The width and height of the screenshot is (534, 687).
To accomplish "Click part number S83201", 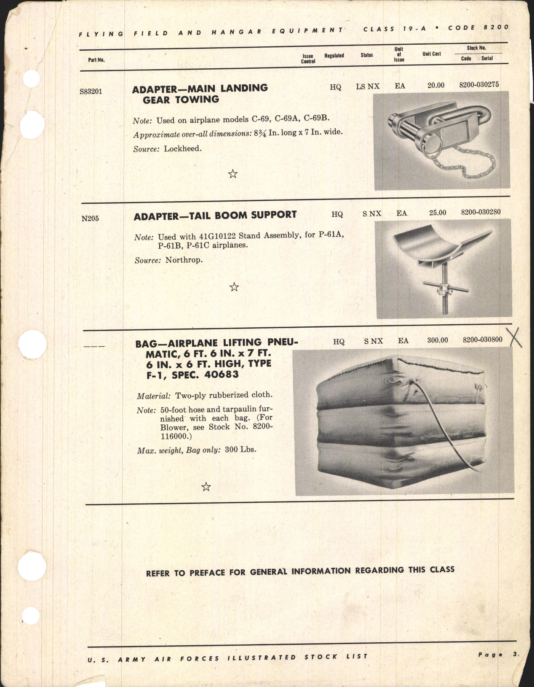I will pos(91,91).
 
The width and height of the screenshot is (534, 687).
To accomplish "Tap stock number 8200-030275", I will pos(479,84).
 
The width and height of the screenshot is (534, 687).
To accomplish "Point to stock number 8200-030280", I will pos(481,212).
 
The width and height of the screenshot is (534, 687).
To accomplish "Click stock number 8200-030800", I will pos(482,339).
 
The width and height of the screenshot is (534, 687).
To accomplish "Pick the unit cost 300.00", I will pos(437,340).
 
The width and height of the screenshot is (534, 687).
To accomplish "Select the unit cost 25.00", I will pos(437,213).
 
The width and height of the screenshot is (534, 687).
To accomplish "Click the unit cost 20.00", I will pos(435,85).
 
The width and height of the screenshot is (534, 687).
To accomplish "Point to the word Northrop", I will pos(184,260).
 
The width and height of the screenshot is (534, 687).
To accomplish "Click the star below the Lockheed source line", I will pos(232,174).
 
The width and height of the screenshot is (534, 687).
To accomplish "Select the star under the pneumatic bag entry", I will pos(206,487).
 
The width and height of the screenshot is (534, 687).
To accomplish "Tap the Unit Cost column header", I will pos(431,54).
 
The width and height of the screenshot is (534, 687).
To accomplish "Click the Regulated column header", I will pos(334,56).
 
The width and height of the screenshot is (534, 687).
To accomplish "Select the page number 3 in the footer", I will pos(515,655).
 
